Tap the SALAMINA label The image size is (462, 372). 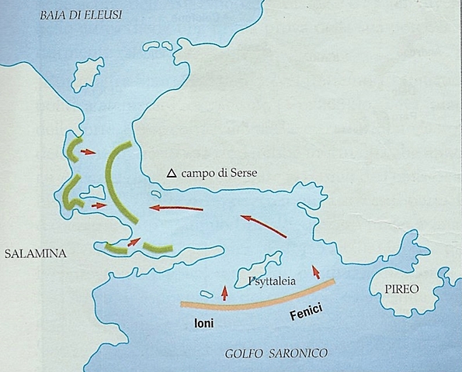coord(34,253)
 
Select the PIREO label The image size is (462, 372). coord(401,288)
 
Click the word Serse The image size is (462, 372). coord(242,174)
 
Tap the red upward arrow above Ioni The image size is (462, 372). coord(225,291)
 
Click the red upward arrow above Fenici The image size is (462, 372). coord(315,271)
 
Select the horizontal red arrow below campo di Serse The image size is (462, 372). coord(177,208)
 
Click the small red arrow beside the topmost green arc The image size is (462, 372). coord(88,152)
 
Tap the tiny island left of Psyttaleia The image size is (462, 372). coord(207,294)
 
